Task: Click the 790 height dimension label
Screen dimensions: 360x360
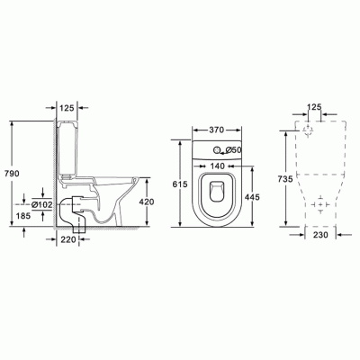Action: (12, 173)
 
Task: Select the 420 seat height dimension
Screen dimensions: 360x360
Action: (147, 202)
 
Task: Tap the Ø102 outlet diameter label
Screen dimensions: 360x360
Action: (42, 205)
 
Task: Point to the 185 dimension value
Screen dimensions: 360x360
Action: (22, 215)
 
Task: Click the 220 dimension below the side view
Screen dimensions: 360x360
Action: (68, 239)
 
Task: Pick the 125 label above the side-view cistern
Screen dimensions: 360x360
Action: (67, 108)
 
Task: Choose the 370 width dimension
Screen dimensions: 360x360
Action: (216, 130)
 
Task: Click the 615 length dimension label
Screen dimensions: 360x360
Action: (180, 184)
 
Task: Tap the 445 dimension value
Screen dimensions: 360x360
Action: (252, 197)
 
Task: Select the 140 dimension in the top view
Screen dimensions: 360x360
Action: (217, 166)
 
